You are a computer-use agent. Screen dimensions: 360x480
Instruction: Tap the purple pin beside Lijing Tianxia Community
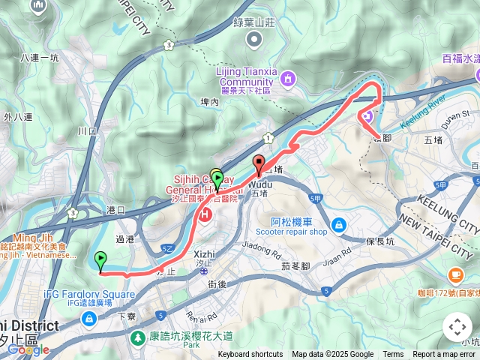pyautogui.click(x=289, y=78)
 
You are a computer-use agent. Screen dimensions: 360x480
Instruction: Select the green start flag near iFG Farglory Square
pyautogui.click(x=100, y=260)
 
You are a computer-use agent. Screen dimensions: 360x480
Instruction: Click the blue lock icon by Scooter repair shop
pyautogui.click(x=339, y=224)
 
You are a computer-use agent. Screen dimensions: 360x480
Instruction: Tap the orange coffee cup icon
pyautogui.click(x=454, y=275)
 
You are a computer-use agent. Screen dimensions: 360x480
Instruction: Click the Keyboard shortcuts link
pyautogui.click(x=250, y=355)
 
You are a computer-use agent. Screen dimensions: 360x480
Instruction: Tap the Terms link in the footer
pyautogui.click(x=393, y=355)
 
